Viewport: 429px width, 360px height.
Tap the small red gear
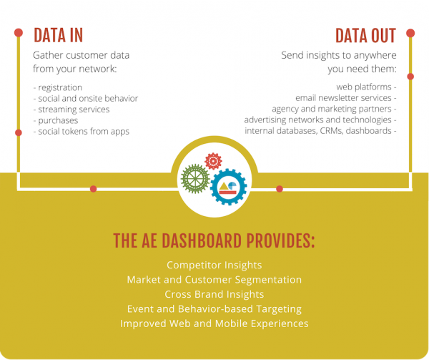click(213, 161)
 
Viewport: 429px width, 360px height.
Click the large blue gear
click(228, 188)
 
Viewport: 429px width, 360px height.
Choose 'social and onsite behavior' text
click(85, 98)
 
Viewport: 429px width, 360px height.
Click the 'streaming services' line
click(71, 109)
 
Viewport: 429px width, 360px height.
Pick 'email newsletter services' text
click(345, 98)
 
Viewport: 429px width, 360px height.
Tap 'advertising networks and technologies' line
click(320, 120)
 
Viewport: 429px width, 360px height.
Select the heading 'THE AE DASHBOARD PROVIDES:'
click(214, 241)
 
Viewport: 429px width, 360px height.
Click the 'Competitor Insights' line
click(214, 265)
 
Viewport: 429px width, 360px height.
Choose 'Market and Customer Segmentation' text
click(214, 280)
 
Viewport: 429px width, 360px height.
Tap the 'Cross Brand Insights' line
click(214, 294)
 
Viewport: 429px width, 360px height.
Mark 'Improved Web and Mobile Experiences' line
click(214, 323)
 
